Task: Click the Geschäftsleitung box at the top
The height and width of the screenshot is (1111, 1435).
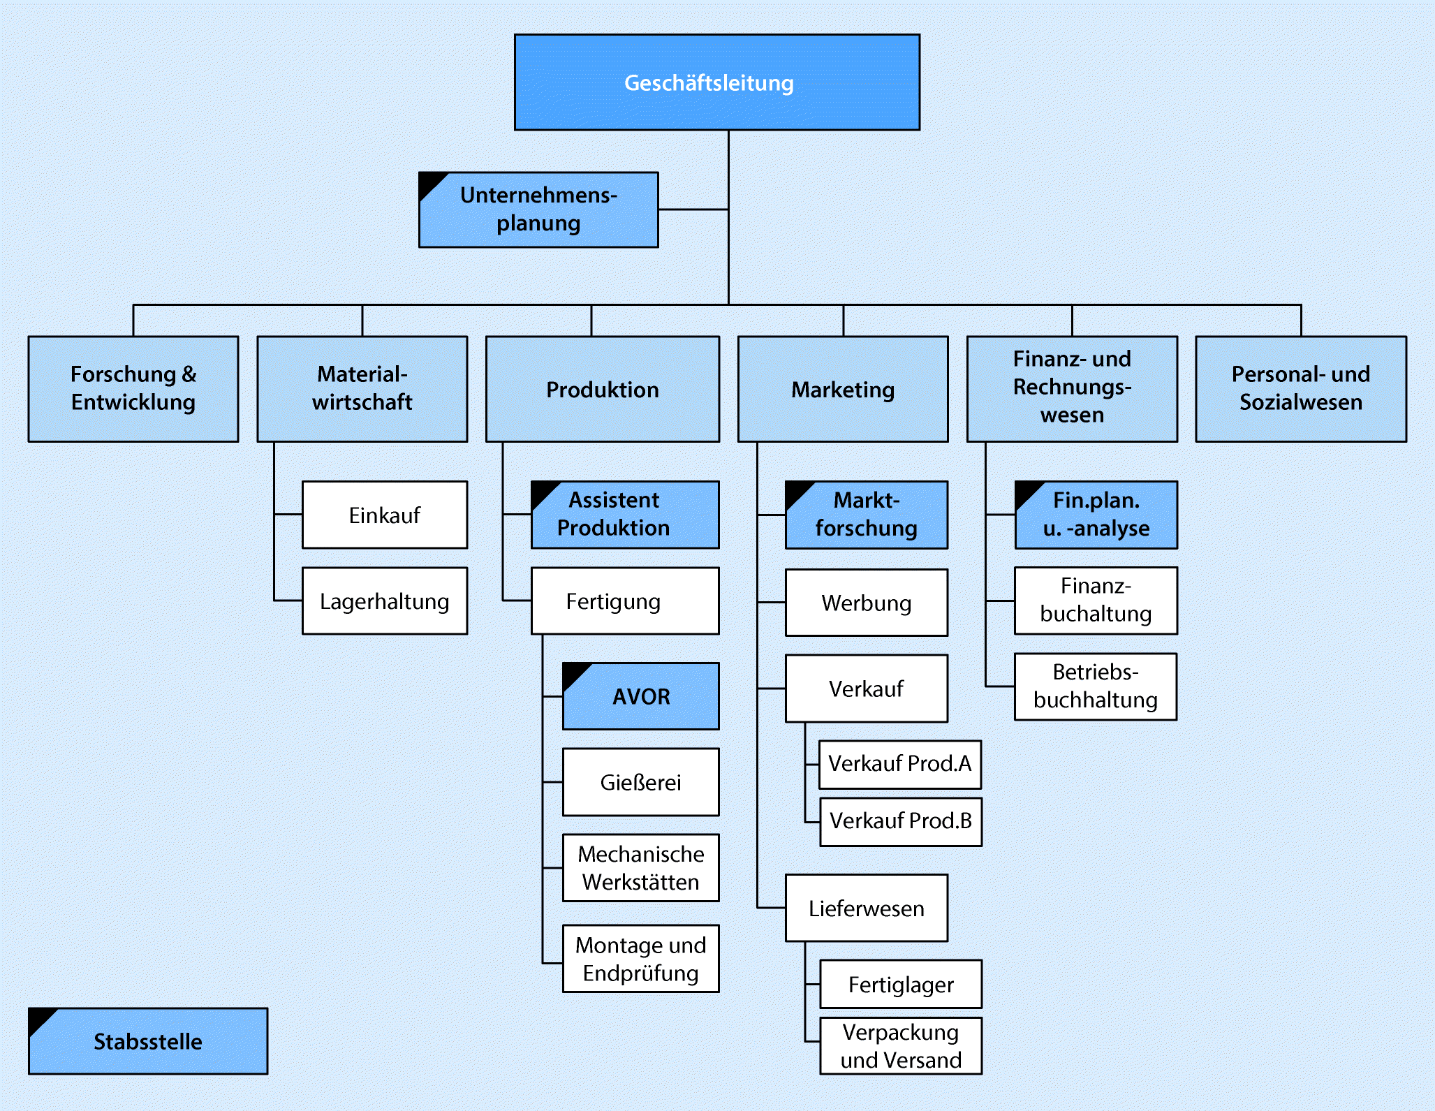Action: tap(717, 82)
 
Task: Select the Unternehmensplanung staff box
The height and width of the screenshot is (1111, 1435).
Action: tap(538, 209)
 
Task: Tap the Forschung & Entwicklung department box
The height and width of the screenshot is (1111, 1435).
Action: tap(133, 389)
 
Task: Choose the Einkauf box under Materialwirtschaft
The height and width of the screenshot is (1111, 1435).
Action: tap(385, 515)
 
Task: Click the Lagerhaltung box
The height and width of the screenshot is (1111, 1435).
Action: tap(385, 601)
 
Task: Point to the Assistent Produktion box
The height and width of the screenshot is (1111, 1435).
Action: tap(625, 515)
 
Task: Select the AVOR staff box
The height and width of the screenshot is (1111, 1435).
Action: tap(641, 696)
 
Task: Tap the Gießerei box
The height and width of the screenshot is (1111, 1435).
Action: tap(641, 782)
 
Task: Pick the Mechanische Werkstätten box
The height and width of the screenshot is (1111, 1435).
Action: tap(641, 868)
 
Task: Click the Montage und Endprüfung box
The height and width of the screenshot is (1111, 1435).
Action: tap(641, 959)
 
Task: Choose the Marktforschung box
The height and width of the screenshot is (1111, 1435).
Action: tap(867, 515)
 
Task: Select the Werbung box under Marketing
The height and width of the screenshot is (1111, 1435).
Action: tap(867, 603)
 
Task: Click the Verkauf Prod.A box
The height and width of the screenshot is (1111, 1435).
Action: tap(900, 764)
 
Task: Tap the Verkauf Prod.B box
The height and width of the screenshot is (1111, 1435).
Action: tap(901, 821)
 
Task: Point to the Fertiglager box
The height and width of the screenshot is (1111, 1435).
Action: tap(901, 984)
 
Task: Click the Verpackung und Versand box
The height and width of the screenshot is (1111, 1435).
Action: tap(901, 1045)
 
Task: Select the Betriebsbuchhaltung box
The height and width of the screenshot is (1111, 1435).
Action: tap(1096, 686)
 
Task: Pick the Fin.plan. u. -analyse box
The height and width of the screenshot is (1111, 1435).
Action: tap(1096, 515)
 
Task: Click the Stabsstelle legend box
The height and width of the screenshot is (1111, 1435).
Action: tap(148, 1041)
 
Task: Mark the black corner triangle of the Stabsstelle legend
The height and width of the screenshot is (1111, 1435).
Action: tap(38, 1017)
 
